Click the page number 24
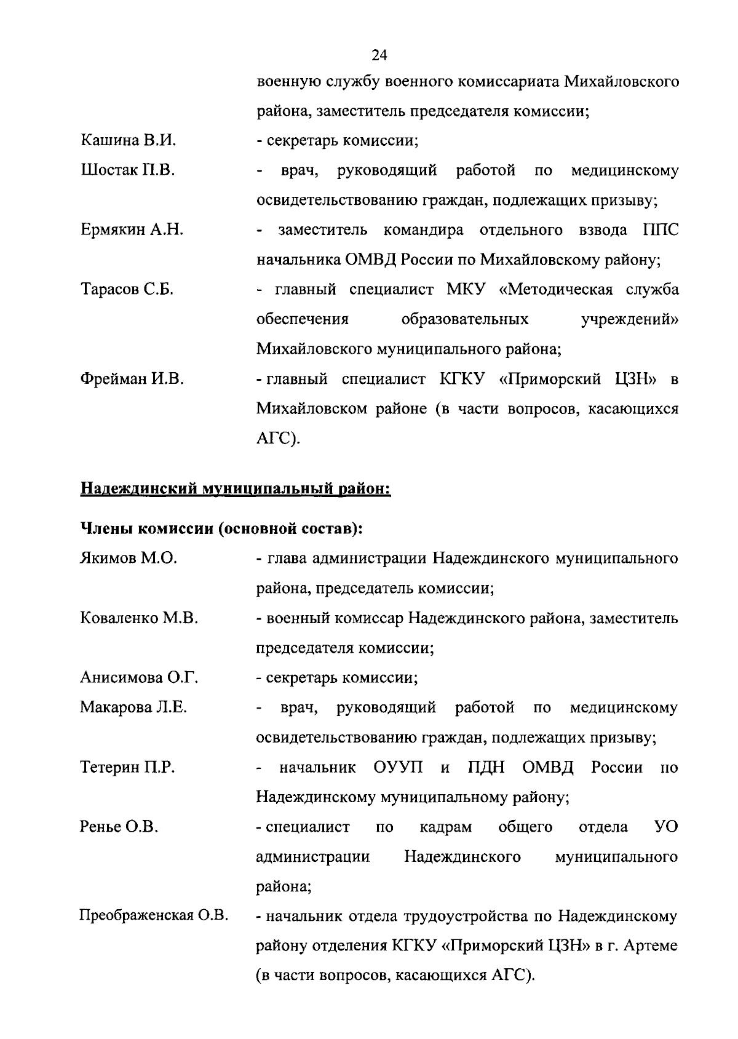click(379, 55)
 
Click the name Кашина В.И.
click(129, 140)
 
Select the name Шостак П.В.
click(128, 170)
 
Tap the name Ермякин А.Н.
click(132, 230)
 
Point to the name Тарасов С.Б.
click(127, 289)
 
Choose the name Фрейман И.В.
click(132, 379)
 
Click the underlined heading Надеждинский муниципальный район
click(236, 490)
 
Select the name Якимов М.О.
click(129, 558)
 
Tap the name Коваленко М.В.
click(139, 618)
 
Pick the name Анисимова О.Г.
click(139, 677)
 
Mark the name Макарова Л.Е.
click(133, 707)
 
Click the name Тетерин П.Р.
click(127, 767)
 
